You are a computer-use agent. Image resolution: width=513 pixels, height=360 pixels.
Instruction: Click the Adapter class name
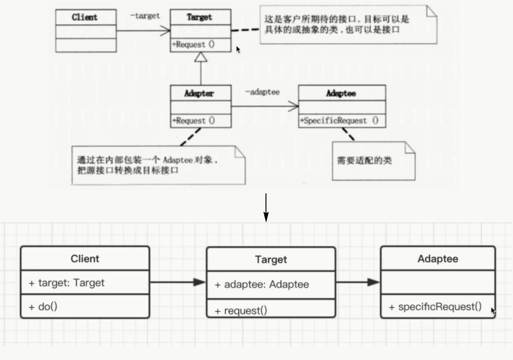tap(200, 94)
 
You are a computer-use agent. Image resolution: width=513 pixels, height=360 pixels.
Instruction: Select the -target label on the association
tap(144, 16)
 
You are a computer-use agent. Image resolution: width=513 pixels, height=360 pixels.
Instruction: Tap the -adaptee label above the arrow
tap(262, 92)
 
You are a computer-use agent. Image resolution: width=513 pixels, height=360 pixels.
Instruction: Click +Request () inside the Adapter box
tap(193, 121)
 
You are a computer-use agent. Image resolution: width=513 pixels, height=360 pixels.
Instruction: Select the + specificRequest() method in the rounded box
tap(435, 306)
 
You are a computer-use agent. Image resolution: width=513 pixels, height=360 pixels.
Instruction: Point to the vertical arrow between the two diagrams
tap(266, 207)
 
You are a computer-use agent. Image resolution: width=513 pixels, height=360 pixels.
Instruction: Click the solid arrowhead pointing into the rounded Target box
tap(200, 282)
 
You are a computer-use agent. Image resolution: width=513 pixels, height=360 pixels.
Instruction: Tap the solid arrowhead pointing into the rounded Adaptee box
tap(374, 282)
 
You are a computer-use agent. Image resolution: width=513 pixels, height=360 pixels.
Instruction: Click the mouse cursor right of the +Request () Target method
tap(238, 49)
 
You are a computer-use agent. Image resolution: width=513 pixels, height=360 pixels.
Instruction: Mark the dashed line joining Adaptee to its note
tap(348, 134)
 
